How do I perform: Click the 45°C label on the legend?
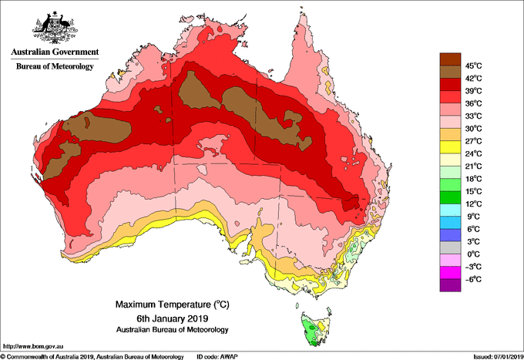tap(474, 66)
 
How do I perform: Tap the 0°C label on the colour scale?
tap(474, 254)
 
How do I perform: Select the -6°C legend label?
tap(473, 279)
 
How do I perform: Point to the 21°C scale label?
tap(474, 167)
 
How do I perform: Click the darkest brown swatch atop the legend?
tap(450, 59)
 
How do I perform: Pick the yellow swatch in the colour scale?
tap(450, 147)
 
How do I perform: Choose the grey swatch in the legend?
tap(450, 247)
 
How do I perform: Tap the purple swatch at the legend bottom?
tap(450, 285)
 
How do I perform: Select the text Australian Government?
tap(55, 52)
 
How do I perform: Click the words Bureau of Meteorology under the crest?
tap(55, 66)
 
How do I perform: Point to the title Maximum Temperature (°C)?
tap(173, 304)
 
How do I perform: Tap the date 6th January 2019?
tap(173, 318)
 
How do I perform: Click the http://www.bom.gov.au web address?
tap(33, 347)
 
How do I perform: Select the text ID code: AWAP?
tap(217, 357)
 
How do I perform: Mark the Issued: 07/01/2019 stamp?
tap(499, 357)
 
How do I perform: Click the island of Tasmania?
tap(315, 328)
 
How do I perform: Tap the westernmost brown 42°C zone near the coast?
tap(62, 160)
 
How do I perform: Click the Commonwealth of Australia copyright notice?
tap(92, 357)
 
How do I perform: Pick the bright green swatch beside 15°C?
tap(450, 185)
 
